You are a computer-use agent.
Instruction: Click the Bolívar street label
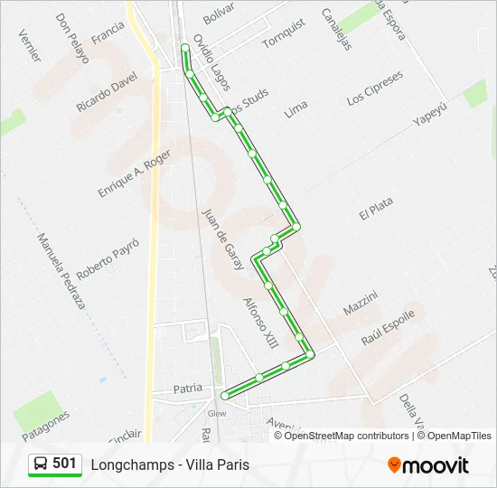pyautogui.click(x=218, y=13)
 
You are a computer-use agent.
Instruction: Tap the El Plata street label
pyautogui.click(x=376, y=210)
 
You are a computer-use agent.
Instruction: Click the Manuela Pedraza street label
pyautogui.click(x=61, y=271)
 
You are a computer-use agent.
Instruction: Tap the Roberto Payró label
pyautogui.click(x=108, y=259)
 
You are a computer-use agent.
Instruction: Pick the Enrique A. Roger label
pyautogui.click(x=134, y=174)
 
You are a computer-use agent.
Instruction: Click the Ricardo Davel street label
pyautogui.click(x=106, y=93)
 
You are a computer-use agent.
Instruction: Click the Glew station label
pyautogui.click(x=217, y=413)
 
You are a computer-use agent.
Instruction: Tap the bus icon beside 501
pyautogui.click(x=41, y=465)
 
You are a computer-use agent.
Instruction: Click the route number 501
pyautogui.click(x=65, y=464)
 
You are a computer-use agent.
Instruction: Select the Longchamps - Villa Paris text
pyautogui.click(x=170, y=465)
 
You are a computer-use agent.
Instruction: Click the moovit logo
pyautogui.click(x=428, y=465)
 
